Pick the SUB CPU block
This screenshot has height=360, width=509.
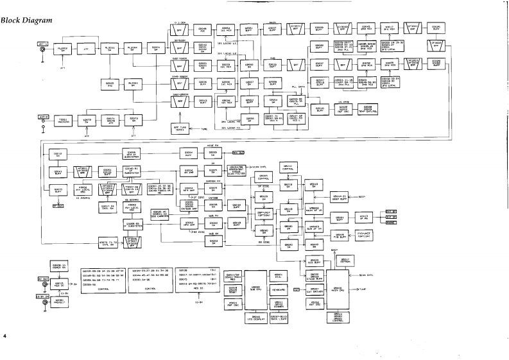[x=255, y=289]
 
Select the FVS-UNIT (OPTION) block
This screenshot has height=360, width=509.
[x=364, y=236]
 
